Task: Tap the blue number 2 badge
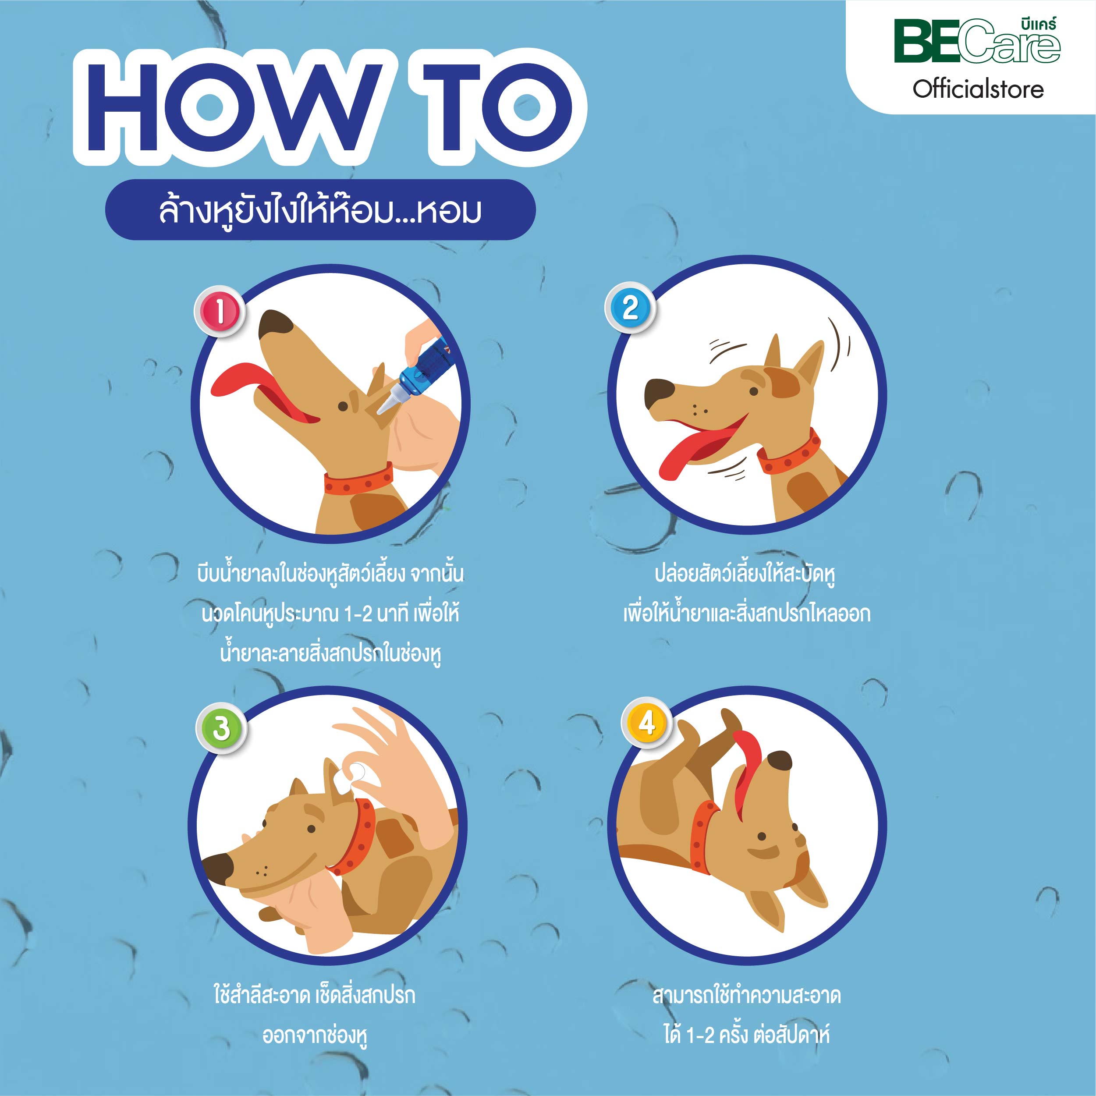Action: [630, 308]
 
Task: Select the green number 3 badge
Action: [221, 728]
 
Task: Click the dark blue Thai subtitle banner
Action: [320, 210]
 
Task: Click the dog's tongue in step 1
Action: [258, 391]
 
